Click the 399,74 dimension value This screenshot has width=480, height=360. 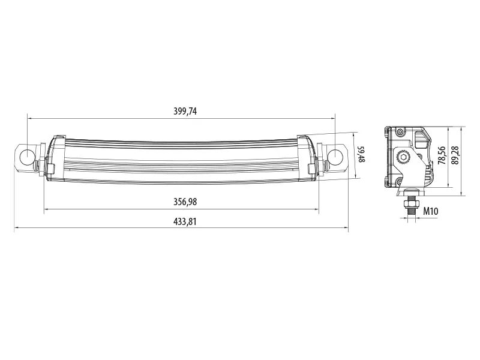point(185,111)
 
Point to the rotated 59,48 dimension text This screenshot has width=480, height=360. point(361,154)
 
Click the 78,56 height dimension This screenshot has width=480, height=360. point(442,155)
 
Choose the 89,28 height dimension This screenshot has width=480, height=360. point(455,155)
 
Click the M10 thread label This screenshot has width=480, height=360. point(430,211)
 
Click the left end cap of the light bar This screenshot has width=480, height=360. point(55,157)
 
